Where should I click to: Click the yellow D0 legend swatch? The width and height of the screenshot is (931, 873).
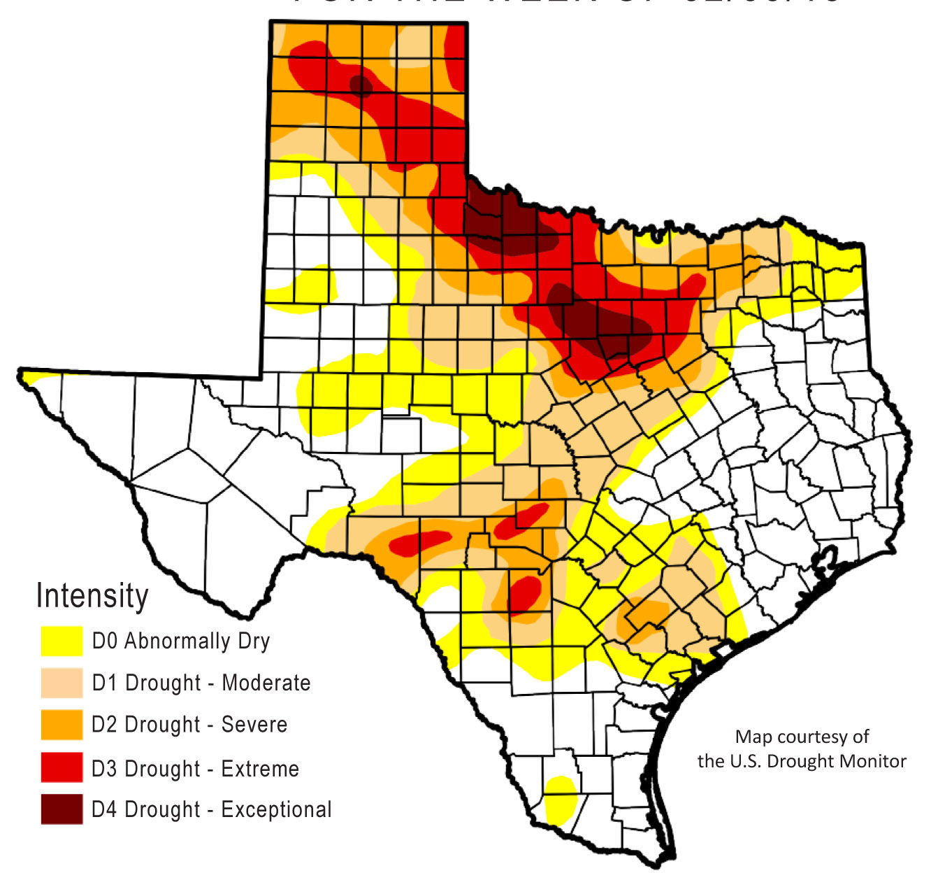62,641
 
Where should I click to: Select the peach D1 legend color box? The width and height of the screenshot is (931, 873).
62,683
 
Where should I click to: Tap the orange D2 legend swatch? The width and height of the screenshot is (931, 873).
62,725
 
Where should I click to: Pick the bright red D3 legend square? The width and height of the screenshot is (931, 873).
62,767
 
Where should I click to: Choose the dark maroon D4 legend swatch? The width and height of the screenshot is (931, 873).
62,809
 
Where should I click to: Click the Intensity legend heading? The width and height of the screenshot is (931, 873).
92,596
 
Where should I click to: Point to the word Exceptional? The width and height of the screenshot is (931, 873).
276,810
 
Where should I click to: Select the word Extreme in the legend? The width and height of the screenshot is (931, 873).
260,769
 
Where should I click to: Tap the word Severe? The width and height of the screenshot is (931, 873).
254,725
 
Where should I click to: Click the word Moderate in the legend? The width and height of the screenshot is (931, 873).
266,683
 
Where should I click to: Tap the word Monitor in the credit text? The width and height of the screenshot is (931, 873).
876,761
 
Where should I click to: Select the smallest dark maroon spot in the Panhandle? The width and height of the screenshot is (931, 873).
361,86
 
